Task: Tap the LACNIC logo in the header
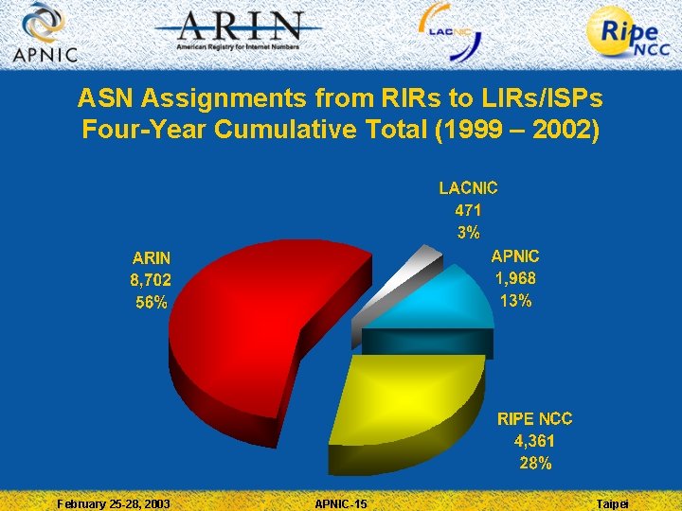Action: coord(451,31)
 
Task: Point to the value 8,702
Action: coord(151,280)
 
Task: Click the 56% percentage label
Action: coord(151,303)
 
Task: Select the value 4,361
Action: coord(535,441)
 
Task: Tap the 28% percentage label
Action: coord(535,464)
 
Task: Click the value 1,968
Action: coord(515,278)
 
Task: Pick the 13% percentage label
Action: coord(515,301)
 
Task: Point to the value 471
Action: coord(468,210)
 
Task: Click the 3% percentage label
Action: coord(468,233)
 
